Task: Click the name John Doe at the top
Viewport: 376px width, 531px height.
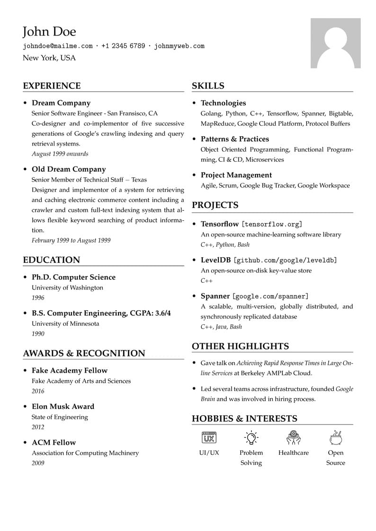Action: [49, 32]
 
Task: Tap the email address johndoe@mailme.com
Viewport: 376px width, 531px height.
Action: [58, 46]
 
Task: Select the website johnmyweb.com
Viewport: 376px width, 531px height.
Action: [179, 46]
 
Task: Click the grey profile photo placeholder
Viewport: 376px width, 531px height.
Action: [335, 43]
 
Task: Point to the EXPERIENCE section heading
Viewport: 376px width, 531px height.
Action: [52, 86]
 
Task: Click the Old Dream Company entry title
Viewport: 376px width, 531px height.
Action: [69, 169]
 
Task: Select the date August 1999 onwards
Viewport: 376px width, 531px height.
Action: [60, 154]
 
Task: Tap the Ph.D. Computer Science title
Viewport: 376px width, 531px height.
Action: [73, 277]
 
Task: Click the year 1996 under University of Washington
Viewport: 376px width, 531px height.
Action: [38, 298]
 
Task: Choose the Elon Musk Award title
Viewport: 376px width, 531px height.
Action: [63, 407]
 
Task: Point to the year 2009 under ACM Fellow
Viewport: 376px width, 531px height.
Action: [38, 463]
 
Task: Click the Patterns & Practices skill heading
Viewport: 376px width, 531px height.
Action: [234, 139]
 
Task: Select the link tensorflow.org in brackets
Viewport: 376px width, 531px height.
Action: [272, 224]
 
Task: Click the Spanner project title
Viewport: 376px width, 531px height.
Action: [215, 296]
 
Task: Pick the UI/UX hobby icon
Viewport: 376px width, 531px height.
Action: [209, 437]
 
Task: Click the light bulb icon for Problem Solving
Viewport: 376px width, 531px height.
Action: [251, 437]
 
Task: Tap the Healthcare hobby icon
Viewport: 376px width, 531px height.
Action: [293, 437]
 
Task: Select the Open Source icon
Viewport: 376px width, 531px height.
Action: [335, 437]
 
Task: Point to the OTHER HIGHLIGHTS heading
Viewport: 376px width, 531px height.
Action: [240, 347]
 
